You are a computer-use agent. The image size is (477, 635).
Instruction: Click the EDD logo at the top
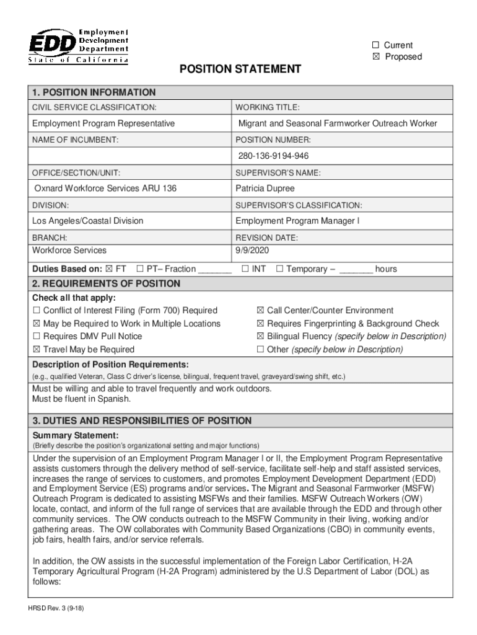[x=78, y=45]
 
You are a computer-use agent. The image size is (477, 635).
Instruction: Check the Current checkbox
[x=375, y=45]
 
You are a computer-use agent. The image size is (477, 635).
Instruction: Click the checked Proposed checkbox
[x=375, y=57]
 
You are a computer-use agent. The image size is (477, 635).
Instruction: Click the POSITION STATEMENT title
[x=240, y=69]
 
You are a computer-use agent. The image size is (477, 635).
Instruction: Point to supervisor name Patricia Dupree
[x=265, y=188]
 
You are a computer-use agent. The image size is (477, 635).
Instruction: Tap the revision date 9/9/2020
[x=252, y=250]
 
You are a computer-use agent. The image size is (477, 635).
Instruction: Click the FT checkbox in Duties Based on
[x=110, y=269]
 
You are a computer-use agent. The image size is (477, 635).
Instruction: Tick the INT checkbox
[x=245, y=269]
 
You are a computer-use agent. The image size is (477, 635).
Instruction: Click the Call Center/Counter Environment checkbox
[x=261, y=310]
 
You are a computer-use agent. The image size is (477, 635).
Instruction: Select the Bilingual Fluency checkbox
[x=261, y=336]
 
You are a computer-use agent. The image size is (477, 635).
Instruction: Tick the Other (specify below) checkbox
[x=261, y=349]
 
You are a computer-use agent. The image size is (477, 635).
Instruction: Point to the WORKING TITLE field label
[x=268, y=107]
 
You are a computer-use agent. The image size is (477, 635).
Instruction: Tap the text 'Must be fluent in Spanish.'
[x=81, y=399]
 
